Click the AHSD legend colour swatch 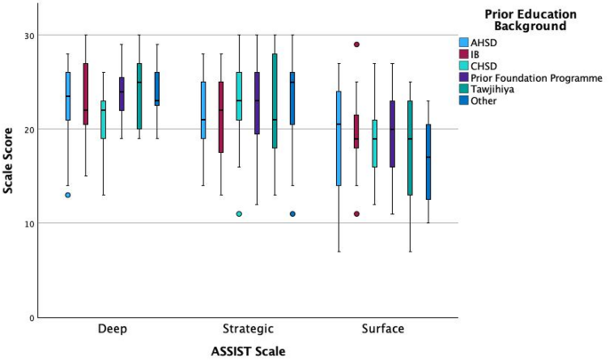point(464,43)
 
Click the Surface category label point(382,329)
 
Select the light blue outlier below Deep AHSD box point(68,195)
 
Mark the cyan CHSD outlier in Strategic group point(239,213)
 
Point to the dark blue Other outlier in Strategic point(292,213)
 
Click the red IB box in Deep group point(85,93)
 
